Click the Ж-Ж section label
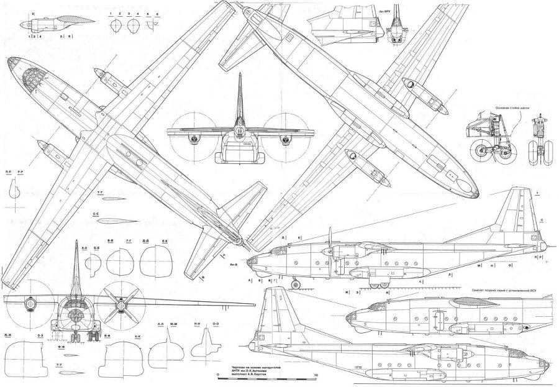[8, 336]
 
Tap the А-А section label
[83, 247]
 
